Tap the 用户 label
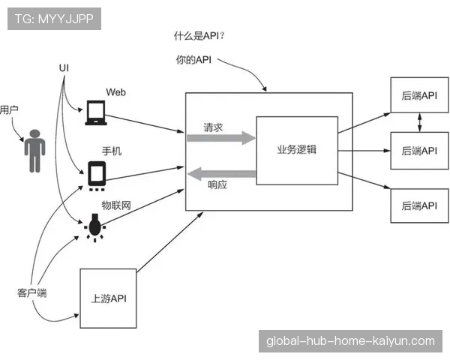9,109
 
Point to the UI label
64,68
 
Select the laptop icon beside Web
95,112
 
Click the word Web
115,91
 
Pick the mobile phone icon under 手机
97,175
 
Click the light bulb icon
95,226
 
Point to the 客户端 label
31,292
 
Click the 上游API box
108,298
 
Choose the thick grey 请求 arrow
221,138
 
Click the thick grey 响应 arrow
221,175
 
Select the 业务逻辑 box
296,149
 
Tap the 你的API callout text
193,60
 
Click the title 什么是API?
200,36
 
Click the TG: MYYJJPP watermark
54,19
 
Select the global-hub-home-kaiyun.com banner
350,341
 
